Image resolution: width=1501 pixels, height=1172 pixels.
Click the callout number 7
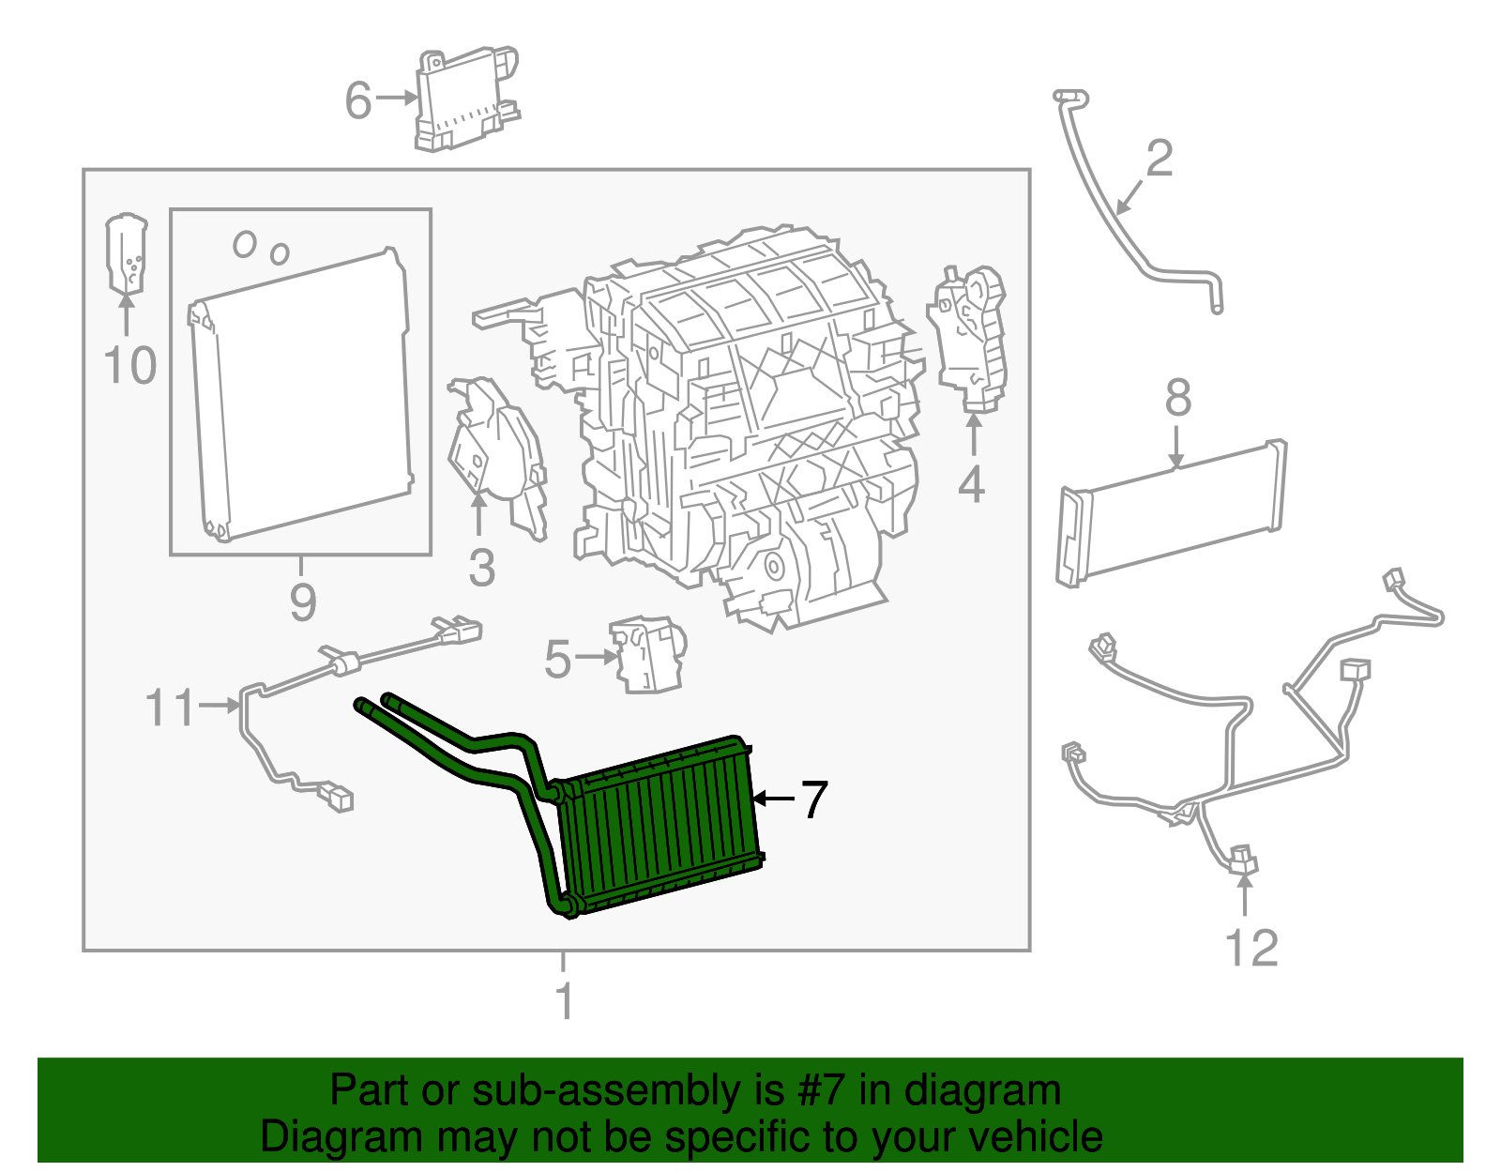(x=813, y=799)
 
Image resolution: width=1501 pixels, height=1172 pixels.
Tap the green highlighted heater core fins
(x=661, y=826)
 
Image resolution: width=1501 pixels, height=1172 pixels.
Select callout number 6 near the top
(x=358, y=100)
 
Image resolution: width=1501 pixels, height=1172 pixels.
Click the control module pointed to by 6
(x=466, y=99)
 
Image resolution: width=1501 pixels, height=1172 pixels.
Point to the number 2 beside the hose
(x=1160, y=159)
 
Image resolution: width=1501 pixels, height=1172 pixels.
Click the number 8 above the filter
(x=1178, y=398)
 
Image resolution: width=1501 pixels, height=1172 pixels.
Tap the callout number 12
(x=1251, y=949)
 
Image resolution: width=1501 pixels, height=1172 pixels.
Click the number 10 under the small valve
(x=129, y=366)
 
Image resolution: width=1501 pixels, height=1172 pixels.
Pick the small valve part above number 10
(x=127, y=253)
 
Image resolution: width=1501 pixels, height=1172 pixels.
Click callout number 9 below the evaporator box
(x=302, y=601)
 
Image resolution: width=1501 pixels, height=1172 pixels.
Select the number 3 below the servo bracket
(x=481, y=569)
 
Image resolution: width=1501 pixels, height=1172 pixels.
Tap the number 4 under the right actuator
(x=972, y=485)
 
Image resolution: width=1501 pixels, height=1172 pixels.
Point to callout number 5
(x=557, y=660)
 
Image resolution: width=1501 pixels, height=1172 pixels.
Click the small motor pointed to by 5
(x=647, y=655)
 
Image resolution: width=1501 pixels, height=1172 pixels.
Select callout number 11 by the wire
(x=170, y=708)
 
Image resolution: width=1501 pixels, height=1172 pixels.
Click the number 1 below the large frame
(x=564, y=1001)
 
